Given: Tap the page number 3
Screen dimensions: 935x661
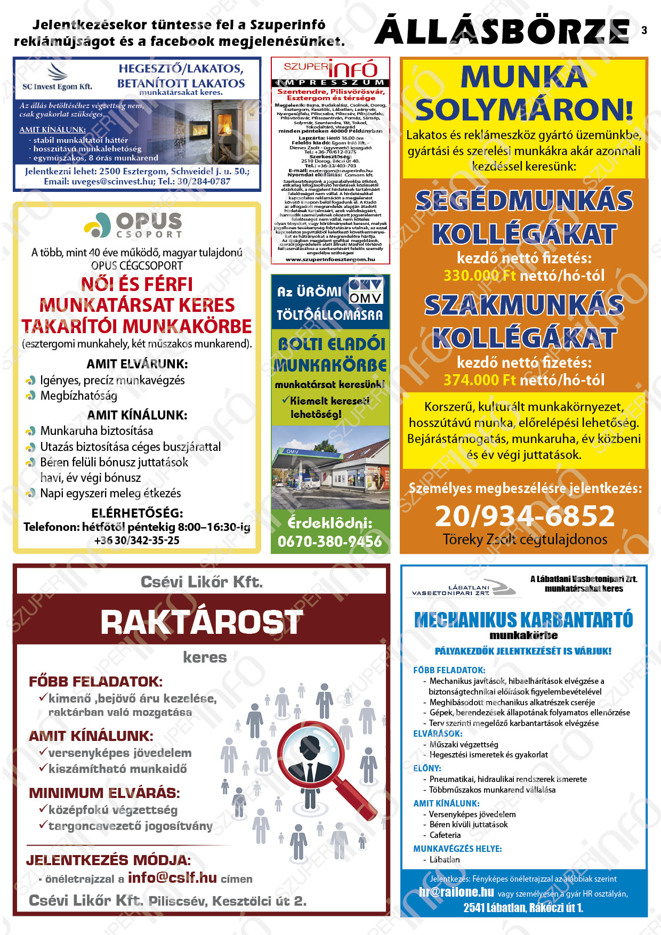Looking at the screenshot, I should pyautogui.click(x=644, y=30).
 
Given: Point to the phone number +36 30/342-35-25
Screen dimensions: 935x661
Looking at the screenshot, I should pyautogui.click(x=137, y=540).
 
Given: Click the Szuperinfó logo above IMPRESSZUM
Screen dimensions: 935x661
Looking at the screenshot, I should pyautogui.click(x=330, y=68).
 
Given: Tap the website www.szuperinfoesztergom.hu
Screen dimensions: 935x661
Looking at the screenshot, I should pyautogui.click(x=330, y=260).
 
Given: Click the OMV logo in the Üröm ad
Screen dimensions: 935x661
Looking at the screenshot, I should pyautogui.click(x=365, y=291).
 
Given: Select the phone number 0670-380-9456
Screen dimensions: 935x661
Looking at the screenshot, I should pyautogui.click(x=330, y=542).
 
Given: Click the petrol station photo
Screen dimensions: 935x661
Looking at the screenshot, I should pyautogui.click(x=330, y=467).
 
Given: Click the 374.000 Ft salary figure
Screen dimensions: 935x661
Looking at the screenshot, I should pyautogui.click(x=479, y=380).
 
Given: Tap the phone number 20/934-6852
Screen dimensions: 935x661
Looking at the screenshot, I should pyautogui.click(x=525, y=516).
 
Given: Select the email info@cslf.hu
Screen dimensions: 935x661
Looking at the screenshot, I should pyautogui.click(x=172, y=877).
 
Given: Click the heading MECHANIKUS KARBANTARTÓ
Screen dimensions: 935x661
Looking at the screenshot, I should pyautogui.click(x=523, y=620).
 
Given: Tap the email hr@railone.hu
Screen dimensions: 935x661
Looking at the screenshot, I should pyautogui.click(x=456, y=892).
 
